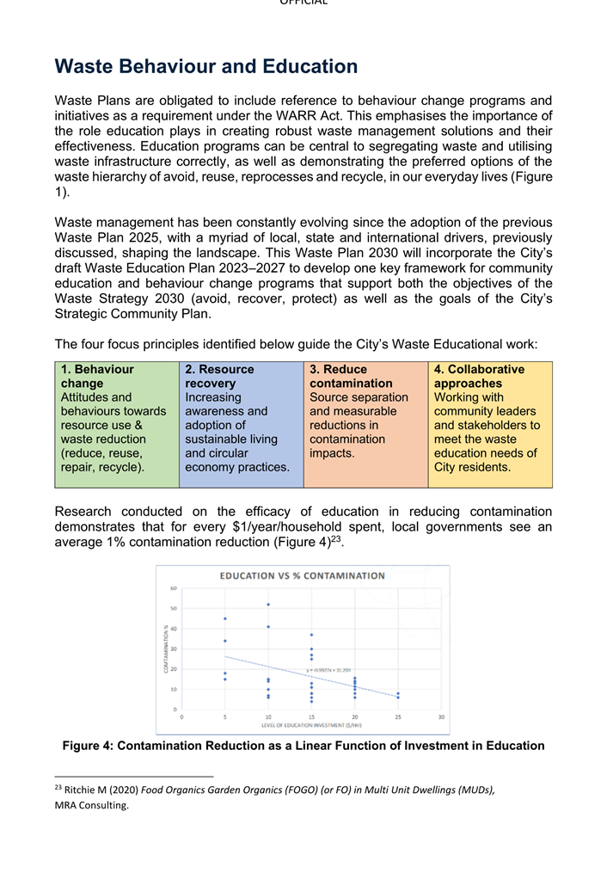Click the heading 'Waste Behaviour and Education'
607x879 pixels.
point(206,67)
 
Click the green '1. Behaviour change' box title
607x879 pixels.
point(97,376)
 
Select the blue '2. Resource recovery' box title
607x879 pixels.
point(219,376)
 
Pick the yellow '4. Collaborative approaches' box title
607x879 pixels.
point(479,376)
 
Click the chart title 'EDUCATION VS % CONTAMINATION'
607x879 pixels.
point(303,575)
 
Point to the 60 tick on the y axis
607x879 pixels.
point(173,589)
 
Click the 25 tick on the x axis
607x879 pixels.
point(398,716)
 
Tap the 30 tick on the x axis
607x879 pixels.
point(441,716)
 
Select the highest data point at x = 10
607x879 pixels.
point(268,605)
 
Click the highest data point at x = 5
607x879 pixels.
point(225,618)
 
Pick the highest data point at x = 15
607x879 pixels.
point(311,635)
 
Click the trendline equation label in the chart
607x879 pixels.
point(330,669)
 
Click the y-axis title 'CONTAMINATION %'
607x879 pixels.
point(166,649)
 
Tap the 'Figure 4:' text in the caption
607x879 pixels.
point(88,747)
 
